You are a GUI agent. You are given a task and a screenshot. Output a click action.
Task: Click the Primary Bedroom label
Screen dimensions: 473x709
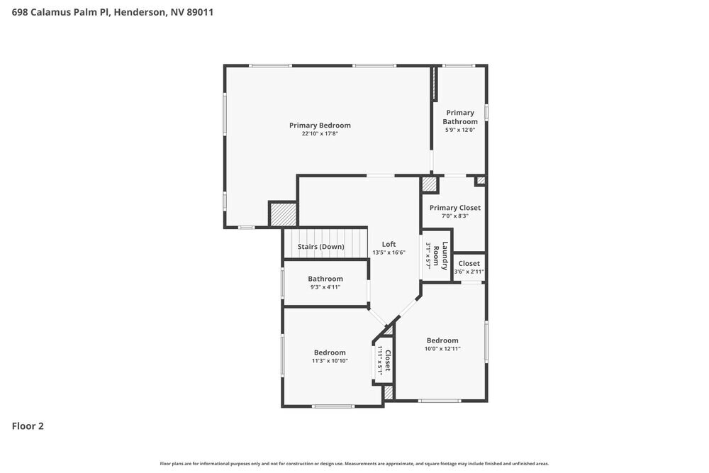pyautogui.click(x=320, y=126)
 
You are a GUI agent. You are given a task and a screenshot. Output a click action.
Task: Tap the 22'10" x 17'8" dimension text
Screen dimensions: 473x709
pyautogui.click(x=320, y=134)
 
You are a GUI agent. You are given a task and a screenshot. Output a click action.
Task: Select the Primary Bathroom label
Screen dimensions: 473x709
pyautogui.click(x=460, y=117)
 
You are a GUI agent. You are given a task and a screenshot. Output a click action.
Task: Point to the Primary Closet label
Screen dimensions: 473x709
pyautogui.click(x=454, y=208)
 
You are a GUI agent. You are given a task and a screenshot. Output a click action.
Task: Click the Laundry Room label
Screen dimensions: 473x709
pyautogui.click(x=445, y=256)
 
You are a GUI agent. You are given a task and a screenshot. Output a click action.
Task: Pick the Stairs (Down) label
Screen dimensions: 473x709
pyautogui.click(x=320, y=247)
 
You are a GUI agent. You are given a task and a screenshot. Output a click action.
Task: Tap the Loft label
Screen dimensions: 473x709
pyautogui.click(x=389, y=244)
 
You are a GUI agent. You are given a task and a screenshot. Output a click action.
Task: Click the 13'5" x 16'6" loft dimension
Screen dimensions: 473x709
pyautogui.click(x=389, y=252)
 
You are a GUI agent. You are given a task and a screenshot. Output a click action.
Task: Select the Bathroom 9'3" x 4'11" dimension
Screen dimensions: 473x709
pyautogui.click(x=325, y=287)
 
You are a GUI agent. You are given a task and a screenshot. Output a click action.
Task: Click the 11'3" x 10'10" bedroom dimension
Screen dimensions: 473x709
pyautogui.click(x=330, y=361)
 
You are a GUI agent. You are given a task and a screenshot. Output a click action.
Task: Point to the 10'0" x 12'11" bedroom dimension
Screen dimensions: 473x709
pyautogui.click(x=442, y=349)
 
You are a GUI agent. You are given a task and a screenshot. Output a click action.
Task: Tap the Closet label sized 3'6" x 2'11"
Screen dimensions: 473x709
pyautogui.click(x=469, y=264)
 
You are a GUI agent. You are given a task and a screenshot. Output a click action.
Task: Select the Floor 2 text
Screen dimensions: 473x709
pyautogui.click(x=28, y=426)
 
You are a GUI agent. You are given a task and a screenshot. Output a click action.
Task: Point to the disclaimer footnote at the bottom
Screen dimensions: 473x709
pyautogui.click(x=354, y=463)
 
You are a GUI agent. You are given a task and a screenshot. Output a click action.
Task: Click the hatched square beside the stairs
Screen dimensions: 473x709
pyautogui.click(x=281, y=214)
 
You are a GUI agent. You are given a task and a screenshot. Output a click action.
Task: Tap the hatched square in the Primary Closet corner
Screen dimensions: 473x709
pyautogui.click(x=430, y=184)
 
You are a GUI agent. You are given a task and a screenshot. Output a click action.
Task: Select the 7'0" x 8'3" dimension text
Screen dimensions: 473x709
pyautogui.click(x=454, y=216)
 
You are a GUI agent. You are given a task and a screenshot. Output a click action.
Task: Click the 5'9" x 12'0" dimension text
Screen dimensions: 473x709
pyautogui.click(x=460, y=130)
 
